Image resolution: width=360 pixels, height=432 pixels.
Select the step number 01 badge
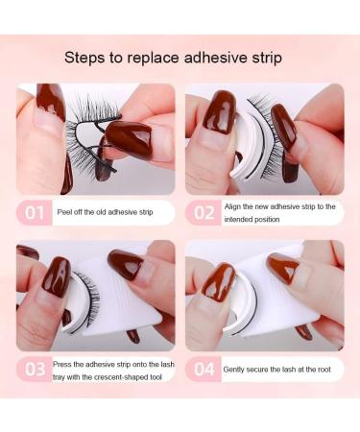[x=36, y=213]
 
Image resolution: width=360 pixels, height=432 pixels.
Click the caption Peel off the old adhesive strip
[x=110, y=212]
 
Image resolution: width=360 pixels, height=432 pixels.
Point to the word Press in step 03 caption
[x=66, y=363]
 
